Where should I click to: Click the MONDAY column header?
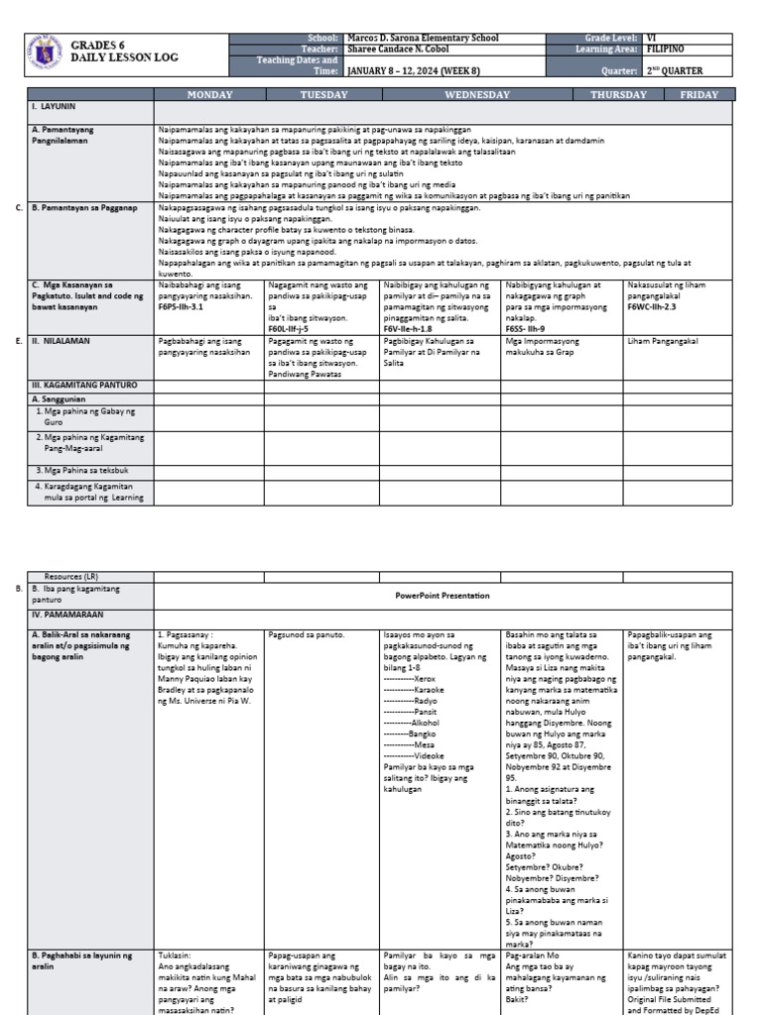pyautogui.click(x=209, y=95)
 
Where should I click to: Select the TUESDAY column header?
pyautogui.click(x=323, y=95)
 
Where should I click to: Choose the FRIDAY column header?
pyautogui.click(x=698, y=95)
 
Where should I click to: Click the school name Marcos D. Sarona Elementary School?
pyautogui.click(x=422, y=38)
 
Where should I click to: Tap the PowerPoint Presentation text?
pyautogui.click(x=443, y=596)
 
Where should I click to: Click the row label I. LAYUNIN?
pyautogui.click(x=54, y=105)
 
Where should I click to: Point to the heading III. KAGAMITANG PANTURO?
pyautogui.click(x=83, y=385)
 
